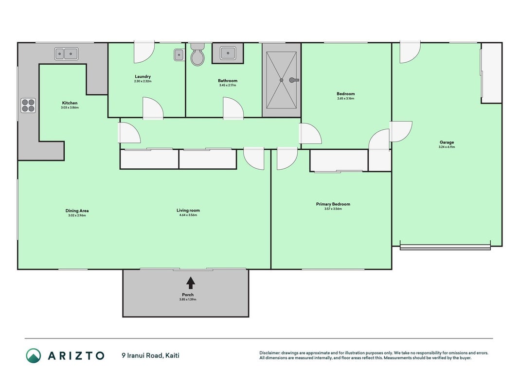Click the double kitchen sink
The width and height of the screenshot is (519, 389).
pyautogui.click(x=67, y=53)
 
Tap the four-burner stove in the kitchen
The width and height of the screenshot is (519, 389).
pyautogui.click(x=28, y=106)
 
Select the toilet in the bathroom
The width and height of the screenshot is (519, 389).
pyautogui.click(x=197, y=54)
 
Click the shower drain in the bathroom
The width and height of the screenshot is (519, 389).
pyautogui.click(x=281, y=80)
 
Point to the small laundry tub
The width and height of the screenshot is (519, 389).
pyautogui.click(x=179, y=54)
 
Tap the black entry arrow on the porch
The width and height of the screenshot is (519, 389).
pyautogui.click(x=190, y=283)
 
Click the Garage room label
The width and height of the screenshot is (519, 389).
pyautogui.click(x=447, y=142)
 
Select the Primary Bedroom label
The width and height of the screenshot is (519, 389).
pyautogui.click(x=333, y=204)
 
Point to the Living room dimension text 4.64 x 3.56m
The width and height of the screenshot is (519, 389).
pyautogui.click(x=188, y=215)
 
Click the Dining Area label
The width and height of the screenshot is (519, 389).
pyautogui.click(x=77, y=211)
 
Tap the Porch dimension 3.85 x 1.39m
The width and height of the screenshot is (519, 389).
pyautogui.click(x=188, y=300)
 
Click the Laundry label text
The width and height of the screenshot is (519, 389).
pyautogui.click(x=143, y=76)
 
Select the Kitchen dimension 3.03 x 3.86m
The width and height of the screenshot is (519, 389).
pyautogui.click(x=70, y=107)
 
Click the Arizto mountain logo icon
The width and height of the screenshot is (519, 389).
pyautogui.click(x=34, y=355)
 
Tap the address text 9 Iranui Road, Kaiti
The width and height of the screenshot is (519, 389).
pyautogui.click(x=151, y=355)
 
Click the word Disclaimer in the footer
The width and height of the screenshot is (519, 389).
pyautogui.click(x=270, y=353)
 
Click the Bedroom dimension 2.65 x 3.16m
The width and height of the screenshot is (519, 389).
pyautogui.click(x=345, y=99)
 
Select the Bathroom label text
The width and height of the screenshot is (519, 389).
pyautogui.click(x=227, y=81)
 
